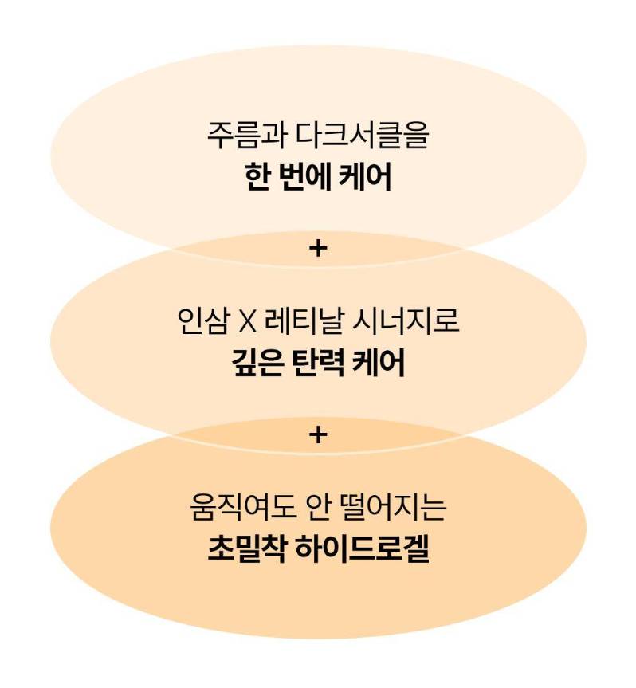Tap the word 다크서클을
(362, 136)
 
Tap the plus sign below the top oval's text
(317, 250)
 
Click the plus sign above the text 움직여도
(317, 435)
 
